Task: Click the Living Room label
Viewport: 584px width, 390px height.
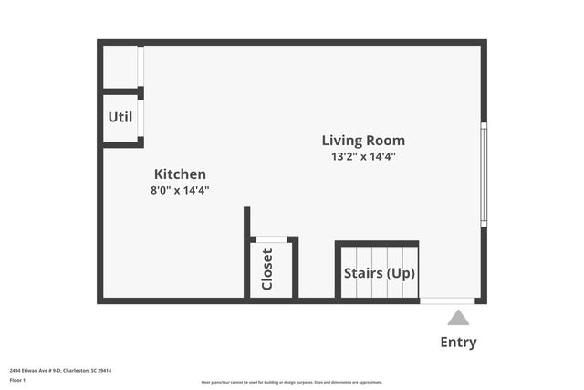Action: pyautogui.click(x=363, y=141)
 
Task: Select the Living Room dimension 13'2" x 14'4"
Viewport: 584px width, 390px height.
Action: pyautogui.click(x=363, y=156)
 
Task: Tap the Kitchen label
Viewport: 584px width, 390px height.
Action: pyautogui.click(x=180, y=174)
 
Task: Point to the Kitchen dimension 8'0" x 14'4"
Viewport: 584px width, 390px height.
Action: pyautogui.click(x=180, y=190)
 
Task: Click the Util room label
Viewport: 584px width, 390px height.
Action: pyautogui.click(x=120, y=117)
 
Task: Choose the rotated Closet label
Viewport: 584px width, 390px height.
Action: pyautogui.click(x=267, y=269)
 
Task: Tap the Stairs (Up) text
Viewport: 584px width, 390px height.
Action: pyautogui.click(x=379, y=273)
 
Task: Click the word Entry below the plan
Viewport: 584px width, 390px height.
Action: pyautogui.click(x=458, y=343)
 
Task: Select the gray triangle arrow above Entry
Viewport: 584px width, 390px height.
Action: pyautogui.click(x=458, y=318)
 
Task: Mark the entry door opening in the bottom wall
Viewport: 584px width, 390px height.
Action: pyautogui.click(x=447, y=300)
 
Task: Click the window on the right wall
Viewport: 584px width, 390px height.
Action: pyautogui.click(x=484, y=174)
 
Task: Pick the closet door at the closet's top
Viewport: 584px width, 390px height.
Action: pyautogui.click(x=271, y=240)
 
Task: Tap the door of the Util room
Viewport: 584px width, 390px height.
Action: pyautogui.click(x=141, y=118)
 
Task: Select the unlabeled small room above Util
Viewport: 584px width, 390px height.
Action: pyautogui.click(x=120, y=66)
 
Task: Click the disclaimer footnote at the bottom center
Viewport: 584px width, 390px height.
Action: pyautogui.click(x=292, y=382)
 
